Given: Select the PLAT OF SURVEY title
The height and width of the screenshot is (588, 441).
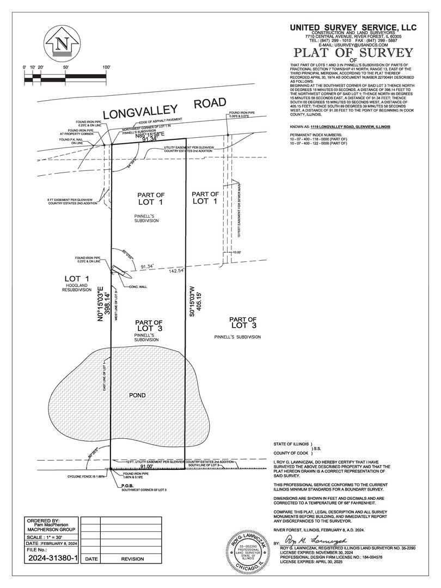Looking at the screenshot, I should click(353, 53).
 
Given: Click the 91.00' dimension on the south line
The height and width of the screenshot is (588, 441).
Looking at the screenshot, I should click(146, 467).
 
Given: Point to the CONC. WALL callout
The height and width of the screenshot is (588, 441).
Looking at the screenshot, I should click(137, 286).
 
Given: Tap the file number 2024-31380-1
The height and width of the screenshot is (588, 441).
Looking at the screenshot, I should click(53, 558).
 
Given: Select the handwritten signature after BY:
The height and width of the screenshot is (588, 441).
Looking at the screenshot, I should click(315, 543).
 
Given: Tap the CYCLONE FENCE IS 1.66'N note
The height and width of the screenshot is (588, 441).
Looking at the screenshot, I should click(85, 476).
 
